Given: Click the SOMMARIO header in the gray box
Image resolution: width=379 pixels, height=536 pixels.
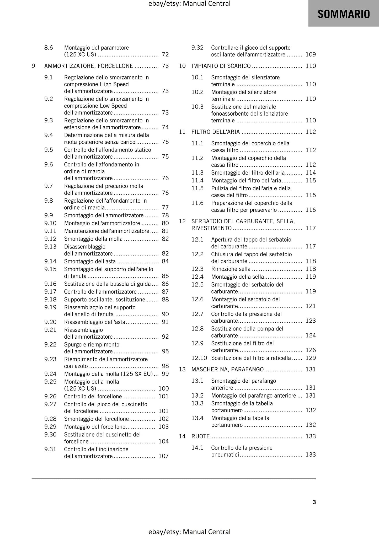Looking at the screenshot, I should coord(343,14).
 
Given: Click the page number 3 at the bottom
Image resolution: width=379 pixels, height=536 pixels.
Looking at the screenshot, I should coord(314,502).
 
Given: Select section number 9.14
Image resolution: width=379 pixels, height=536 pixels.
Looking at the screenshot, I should coord(50,261).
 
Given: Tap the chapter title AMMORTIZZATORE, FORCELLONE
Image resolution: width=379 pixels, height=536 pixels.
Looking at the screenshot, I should coord(89,66).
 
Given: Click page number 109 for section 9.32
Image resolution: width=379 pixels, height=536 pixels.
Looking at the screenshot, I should coord(311,55).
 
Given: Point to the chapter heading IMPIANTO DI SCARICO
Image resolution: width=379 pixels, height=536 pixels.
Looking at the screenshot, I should coord(221,66).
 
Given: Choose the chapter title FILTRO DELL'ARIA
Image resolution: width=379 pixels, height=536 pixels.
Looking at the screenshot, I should coord(216,132).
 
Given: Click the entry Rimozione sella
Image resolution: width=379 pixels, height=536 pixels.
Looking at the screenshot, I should coord(231,269).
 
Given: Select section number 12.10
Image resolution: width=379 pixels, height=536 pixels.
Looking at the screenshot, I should coord(199,358).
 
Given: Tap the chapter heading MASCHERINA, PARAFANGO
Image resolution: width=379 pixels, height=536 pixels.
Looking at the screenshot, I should coord(227,370).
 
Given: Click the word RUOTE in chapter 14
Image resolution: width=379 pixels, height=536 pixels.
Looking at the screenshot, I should coord(200,436).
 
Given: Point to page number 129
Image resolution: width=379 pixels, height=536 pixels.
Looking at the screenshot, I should coord(311,358).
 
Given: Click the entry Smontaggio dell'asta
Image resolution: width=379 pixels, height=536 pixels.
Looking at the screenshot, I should coord(90,261).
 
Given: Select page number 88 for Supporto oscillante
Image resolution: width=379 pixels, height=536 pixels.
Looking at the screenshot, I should coord(165,300).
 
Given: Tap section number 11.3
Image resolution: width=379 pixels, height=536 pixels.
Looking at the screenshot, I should coord(197,173).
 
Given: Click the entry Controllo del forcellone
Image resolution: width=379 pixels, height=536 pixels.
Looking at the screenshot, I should coord(93,397).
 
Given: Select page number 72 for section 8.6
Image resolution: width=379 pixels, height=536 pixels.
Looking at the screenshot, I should coord(165,55).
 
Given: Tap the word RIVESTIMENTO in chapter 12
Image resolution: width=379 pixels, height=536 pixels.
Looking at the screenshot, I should coord(211,228).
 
